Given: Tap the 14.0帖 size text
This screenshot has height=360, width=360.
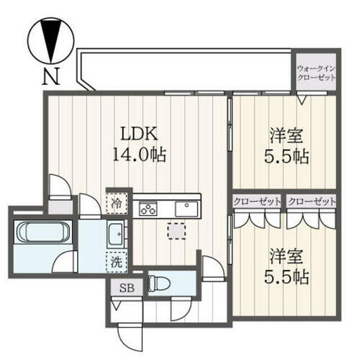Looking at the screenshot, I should pyautogui.click(x=139, y=154).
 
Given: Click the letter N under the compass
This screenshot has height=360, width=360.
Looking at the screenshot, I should pyautogui.click(x=50, y=76).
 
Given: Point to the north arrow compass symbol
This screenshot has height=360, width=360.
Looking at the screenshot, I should pyautogui.click(x=50, y=39).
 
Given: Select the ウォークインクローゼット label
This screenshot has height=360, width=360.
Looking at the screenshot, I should pyautogui.click(x=317, y=73).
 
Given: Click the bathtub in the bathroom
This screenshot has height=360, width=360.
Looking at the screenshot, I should pyautogui.click(x=42, y=234).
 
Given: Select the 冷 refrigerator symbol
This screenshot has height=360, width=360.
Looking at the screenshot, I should pyautogui.click(x=116, y=204).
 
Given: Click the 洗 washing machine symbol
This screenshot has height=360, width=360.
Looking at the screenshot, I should pyautogui.click(x=116, y=262).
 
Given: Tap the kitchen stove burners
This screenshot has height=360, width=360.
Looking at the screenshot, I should pyautogui.click(x=149, y=210).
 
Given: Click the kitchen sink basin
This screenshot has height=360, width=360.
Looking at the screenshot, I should pyautogui.click(x=189, y=209).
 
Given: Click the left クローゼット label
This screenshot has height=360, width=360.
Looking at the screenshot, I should pyautogui.click(x=257, y=202).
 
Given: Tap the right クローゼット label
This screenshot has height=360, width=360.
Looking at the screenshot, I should pyautogui.click(x=312, y=202).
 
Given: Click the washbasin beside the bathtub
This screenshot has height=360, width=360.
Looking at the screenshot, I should pyautogui.click(x=115, y=233).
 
